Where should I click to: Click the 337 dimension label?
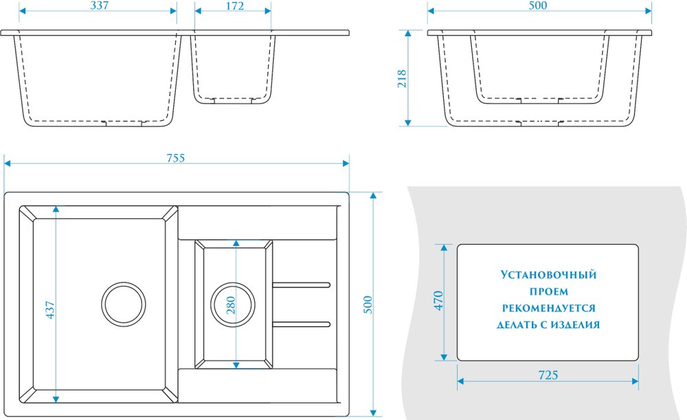pyautogui.click(x=100, y=5)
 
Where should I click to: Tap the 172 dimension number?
pyautogui.click(x=235, y=5)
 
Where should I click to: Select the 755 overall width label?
pyautogui.click(x=176, y=158)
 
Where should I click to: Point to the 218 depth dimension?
pyautogui.click(x=402, y=78)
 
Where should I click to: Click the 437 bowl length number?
pyautogui.click(x=50, y=309)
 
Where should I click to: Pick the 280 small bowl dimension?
pyautogui.click(x=230, y=305)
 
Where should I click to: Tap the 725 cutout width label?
pyautogui.click(x=548, y=375)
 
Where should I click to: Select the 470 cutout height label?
pyautogui.click(x=438, y=301)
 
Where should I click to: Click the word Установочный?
pyautogui.click(x=548, y=275)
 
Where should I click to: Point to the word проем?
pyautogui.click(x=548, y=291)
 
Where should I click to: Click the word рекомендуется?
pyautogui.click(x=548, y=308)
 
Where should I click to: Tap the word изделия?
pyautogui.click(x=575, y=325)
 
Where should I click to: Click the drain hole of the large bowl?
pyautogui.click(x=124, y=305)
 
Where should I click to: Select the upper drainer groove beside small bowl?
pyautogui.click(x=302, y=285)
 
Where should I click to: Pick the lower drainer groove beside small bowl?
pyautogui.click(x=302, y=324)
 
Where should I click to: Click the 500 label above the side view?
pyautogui.click(x=538, y=5)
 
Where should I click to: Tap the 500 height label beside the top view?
pyautogui.click(x=368, y=305)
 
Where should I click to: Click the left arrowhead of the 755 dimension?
pyautogui.click(x=7, y=164)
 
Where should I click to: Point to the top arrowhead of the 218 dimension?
pyautogui.click(x=408, y=33)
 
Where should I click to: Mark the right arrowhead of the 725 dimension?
pyautogui.click(x=635, y=382)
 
